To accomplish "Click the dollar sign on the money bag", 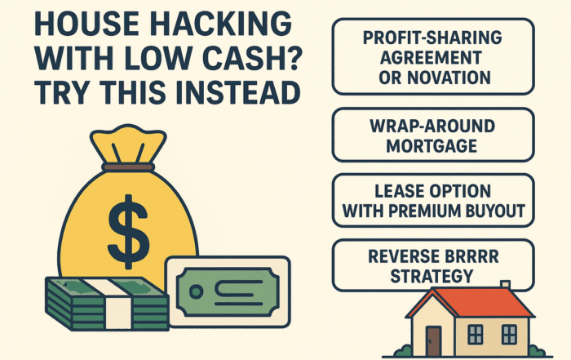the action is click(128, 232).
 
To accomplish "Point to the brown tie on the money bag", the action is click(128, 167).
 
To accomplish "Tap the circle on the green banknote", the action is click(197, 291).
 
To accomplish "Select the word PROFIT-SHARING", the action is click(432, 38).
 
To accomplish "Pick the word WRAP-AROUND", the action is click(432, 127).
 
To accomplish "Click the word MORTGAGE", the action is click(432, 146).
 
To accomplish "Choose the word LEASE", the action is click(396, 191).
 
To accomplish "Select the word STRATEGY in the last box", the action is click(432, 276).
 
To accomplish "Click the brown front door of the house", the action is click(433, 340).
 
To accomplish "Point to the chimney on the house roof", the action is click(505, 285).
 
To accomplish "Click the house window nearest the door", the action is click(475, 335).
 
